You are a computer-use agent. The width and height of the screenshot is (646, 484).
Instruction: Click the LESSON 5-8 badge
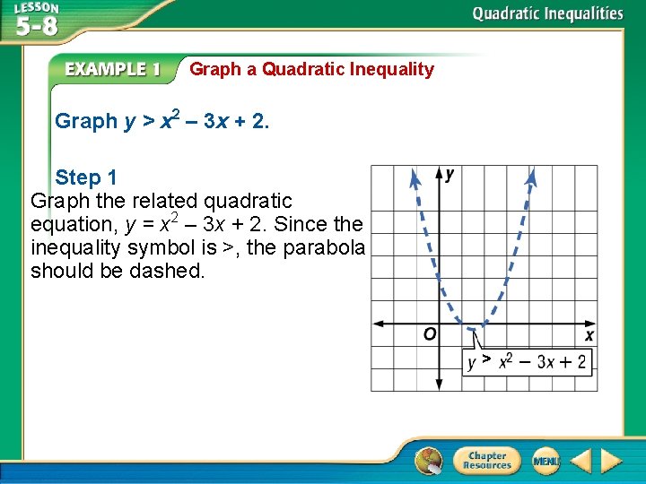point(36,20)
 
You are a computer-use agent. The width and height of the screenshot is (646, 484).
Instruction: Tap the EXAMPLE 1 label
point(112,69)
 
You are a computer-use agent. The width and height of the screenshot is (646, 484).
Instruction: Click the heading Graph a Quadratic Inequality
point(311,69)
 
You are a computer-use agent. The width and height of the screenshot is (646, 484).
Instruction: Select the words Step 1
point(86,177)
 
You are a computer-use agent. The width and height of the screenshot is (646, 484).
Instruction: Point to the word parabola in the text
point(324,247)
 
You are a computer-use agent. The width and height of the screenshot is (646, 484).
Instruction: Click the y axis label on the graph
point(450,174)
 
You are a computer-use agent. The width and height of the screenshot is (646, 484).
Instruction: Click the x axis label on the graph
point(589,335)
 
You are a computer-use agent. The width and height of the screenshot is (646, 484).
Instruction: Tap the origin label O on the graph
point(430,334)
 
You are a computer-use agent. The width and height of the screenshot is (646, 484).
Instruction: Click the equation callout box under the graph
point(528,361)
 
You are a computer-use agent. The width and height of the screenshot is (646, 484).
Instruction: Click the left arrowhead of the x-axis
point(378,323)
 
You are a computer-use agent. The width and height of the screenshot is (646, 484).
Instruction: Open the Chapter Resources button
point(485,461)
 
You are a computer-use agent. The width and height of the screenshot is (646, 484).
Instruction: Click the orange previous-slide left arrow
point(581,462)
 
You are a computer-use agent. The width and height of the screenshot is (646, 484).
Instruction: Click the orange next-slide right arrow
point(612,462)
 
